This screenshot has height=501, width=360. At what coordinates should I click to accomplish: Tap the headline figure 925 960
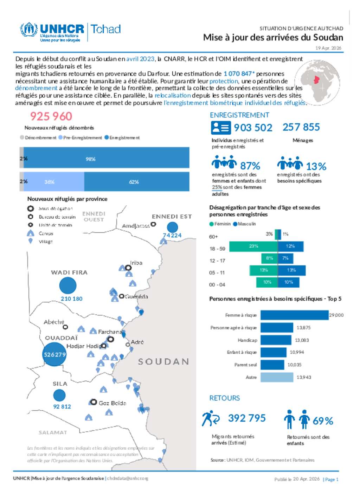(x=51, y=116)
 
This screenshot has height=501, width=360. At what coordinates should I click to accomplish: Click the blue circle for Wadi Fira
(x=68, y=285)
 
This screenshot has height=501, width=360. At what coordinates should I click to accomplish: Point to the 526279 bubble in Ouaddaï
(x=54, y=354)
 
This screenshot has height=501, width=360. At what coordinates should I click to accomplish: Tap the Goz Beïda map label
(x=112, y=403)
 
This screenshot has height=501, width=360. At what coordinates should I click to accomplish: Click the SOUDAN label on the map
(x=163, y=361)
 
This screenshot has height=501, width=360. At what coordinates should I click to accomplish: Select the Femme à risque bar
(x=294, y=315)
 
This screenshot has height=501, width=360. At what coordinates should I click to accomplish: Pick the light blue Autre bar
(x=277, y=377)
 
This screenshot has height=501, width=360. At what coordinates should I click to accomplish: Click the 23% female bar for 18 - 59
(x=253, y=246)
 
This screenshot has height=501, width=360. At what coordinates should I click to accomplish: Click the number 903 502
(x=253, y=128)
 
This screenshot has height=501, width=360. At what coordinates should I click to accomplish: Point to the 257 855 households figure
(x=301, y=127)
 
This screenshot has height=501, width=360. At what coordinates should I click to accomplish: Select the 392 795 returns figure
(x=247, y=418)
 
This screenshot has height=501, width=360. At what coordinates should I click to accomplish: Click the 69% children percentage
(x=323, y=421)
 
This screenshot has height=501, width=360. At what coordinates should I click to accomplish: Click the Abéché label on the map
(x=54, y=322)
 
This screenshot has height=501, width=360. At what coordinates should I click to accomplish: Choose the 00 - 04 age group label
(x=217, y=284)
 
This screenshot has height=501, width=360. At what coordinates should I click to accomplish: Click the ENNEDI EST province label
(x=172, y=217)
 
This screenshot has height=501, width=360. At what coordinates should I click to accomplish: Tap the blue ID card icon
(x=221, y=128)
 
